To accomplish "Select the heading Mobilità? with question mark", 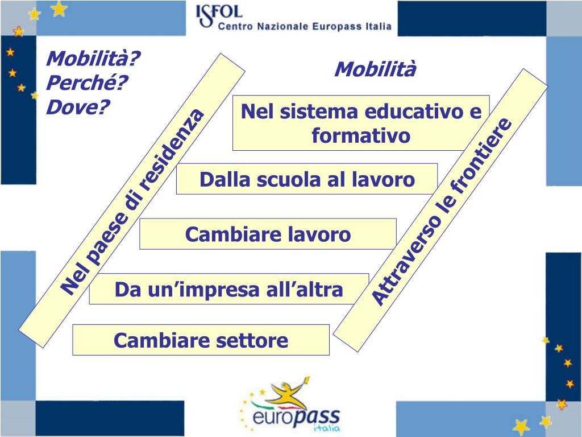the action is [x=93, y=58].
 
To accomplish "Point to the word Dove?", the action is [x=78, y=106].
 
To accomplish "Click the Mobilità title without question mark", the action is [x=375, y=69].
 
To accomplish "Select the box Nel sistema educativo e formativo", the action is [x=361, y=123].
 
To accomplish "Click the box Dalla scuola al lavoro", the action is [x=307, y=180].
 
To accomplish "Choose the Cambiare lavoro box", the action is [x=268, y=234].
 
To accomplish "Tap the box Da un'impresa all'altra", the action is [x=228, y=289].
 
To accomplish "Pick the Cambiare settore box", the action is [x=201, y=340].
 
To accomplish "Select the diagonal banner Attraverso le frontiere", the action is [x=441, y=211].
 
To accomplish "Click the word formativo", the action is [x=361, y=136].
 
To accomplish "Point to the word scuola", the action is [x=290, y=180].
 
